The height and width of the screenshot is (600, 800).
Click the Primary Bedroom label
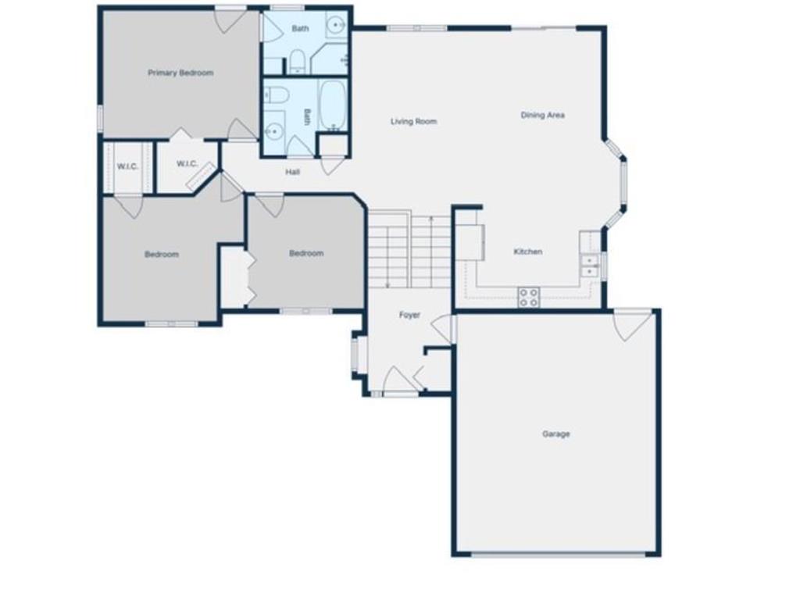point(180,73)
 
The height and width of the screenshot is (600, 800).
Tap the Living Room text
point(414,121)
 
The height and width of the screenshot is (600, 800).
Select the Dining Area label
point(542,116)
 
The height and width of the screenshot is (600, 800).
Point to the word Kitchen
point(527,252)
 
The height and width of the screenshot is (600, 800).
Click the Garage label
point(555,434)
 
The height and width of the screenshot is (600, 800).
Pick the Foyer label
point(409,316)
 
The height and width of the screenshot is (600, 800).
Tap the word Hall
point(292,172)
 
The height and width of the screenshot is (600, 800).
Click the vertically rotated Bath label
point(306,116)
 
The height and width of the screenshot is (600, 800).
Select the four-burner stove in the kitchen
point(529,298)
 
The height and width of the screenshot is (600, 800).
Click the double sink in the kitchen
point(589,266)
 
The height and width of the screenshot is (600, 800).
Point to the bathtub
point(333,105)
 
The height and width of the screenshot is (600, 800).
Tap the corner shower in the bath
point(330,59)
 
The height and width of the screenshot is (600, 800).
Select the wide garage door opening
point(558,554)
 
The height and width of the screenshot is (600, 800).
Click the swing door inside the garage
point(633,324)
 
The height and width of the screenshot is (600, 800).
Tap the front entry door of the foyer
point(401,380)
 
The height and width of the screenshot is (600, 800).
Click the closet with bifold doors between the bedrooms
point(234,277)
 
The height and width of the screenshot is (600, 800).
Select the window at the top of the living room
point(417,29)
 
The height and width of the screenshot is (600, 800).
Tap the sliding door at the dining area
point(544,28)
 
